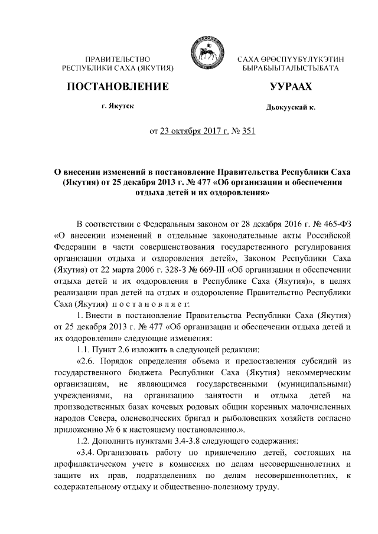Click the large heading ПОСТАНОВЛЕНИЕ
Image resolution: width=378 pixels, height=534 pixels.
tap(118, 87)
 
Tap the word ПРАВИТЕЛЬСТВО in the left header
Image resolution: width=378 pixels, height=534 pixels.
tap(118, 60)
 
